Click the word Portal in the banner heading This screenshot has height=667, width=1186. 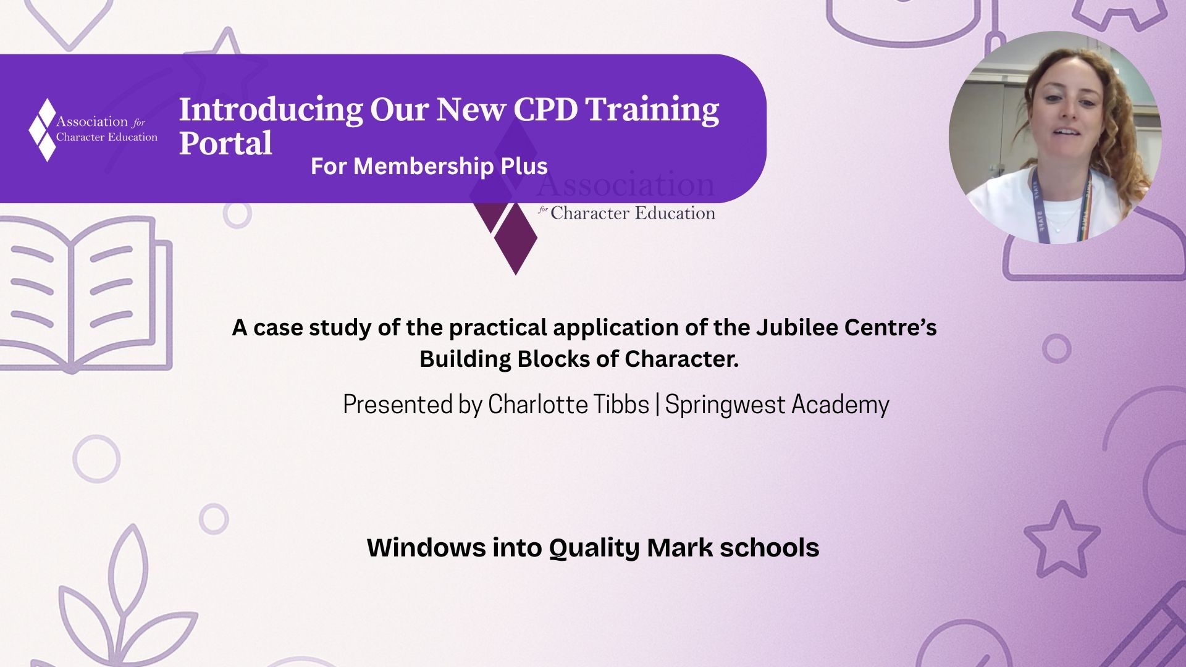[x=225, y=143]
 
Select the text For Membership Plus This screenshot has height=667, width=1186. [x=429, y=166]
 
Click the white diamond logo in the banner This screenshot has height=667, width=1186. [x=43, y=130]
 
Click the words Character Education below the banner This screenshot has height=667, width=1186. [x=633, y=213]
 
